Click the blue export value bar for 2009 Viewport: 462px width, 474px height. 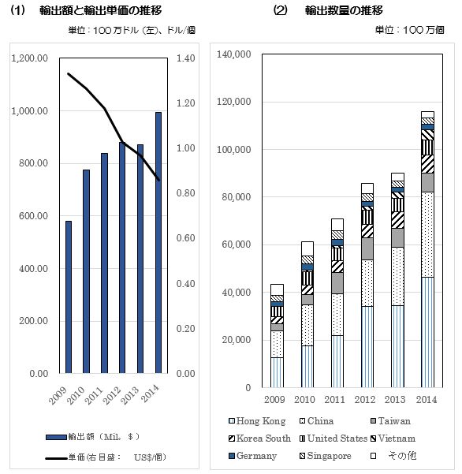tap(69, 297)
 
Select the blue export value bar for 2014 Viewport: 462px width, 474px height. tap(158, 242)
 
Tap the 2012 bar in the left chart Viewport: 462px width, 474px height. tap(122, 258)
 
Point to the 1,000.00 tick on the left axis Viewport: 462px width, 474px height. tap(30, 111)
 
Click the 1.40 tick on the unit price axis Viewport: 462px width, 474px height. tap(185, 58)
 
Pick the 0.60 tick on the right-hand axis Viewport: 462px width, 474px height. tap(185, 238)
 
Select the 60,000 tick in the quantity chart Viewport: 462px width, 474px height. tap(237, 244)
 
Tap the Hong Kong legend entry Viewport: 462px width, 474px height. tap(257, 421)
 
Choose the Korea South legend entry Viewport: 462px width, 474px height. tap(259, 438)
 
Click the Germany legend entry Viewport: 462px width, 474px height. tap(253, 456)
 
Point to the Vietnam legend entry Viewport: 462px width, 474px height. tap(393, 438)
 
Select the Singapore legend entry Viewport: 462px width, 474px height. tap(326, 456)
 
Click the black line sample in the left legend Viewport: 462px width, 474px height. tap(56, 458)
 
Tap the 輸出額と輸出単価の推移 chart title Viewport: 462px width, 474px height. tap(101, 10)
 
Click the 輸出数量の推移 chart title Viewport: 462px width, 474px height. tap(344, 10)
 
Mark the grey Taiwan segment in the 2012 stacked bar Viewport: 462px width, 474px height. tap(367, 248)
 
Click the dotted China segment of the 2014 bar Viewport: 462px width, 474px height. tap(427, 234)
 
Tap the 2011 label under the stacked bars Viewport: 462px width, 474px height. tap(334, 399)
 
